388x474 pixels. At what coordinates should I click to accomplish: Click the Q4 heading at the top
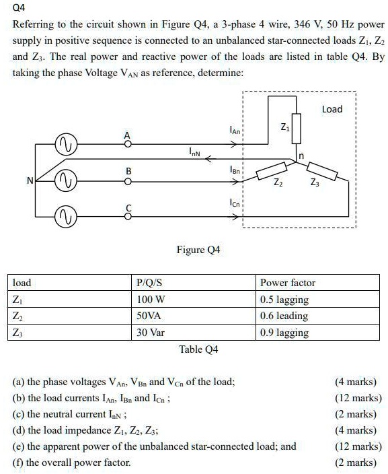[x=19, y=9]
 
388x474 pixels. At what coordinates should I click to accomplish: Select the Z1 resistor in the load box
[x=297, y=127]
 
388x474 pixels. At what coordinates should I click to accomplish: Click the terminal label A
[x=126, y=135]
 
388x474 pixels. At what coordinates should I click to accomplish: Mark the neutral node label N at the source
[x=30, y=180]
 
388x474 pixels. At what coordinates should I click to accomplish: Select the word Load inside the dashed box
[x=332, y=109]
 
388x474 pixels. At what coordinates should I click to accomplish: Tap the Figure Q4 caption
[x=198, y=250]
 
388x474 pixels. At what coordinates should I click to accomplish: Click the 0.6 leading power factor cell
[x=284, y=316]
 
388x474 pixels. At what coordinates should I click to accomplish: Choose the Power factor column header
[x=287, y=283]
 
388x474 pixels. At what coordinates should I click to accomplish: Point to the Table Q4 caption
[x=198, y=349]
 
